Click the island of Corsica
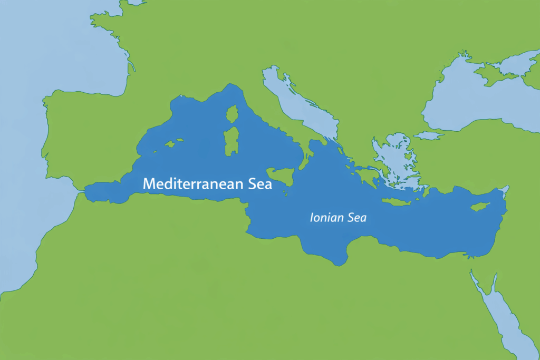[x=232, y=113]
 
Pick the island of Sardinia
[x=231, y=140]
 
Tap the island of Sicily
[x=280, y=174]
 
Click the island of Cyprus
[x=480, y=206]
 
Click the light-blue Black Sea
[x=475, y=103]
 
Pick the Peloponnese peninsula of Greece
[x=367, y=177]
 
